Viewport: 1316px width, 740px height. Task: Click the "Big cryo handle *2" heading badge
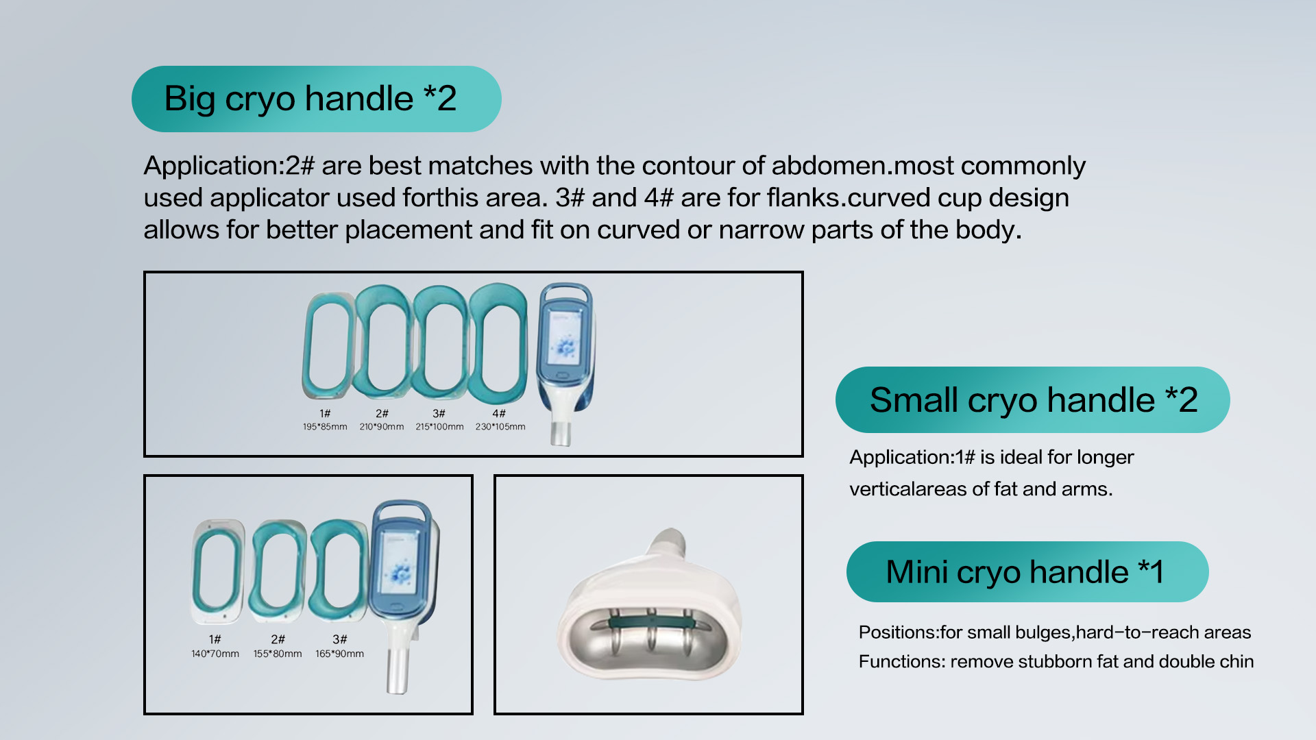pos(316,99)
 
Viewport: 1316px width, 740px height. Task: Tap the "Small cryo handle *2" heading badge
pos(1032,399)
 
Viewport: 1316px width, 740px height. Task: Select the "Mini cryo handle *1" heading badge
pos(1027,571)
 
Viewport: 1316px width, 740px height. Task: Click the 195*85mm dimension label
pos(325,427)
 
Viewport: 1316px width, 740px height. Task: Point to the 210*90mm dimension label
pos(382,427)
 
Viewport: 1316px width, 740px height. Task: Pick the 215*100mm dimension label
pos(439,427)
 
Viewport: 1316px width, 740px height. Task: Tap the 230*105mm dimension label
pos(500,427)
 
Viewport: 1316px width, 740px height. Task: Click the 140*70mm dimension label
pos(215,654)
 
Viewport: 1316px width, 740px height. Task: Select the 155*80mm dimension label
pos(278,654)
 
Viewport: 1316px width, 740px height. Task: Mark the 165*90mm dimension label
pos(339,654)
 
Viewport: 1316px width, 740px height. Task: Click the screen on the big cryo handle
pos(565,339)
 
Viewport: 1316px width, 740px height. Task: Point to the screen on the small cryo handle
pos(400,563)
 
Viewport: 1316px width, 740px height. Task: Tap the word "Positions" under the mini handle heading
pos(896,632)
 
